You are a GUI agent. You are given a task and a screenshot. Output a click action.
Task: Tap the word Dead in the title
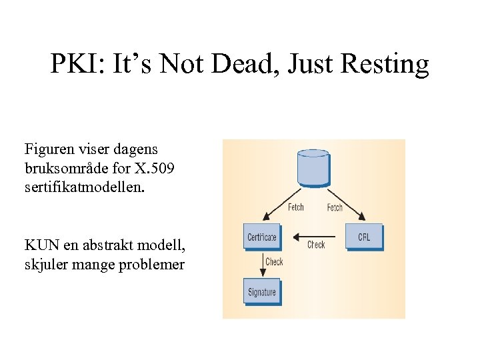[261, 65]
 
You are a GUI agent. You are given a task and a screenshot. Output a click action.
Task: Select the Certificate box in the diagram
[262, 237]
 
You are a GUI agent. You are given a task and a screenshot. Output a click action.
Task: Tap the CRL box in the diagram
[364, 237]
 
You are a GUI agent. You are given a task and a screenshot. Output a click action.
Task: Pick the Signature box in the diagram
[262, 292]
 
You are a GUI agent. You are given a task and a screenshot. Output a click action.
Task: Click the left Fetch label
[296, 207]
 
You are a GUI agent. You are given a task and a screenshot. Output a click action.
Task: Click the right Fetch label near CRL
[335, 207]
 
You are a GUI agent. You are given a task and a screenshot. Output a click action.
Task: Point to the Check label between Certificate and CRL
[316, 245]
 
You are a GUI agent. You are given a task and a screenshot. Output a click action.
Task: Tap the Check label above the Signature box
[275, 262]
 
